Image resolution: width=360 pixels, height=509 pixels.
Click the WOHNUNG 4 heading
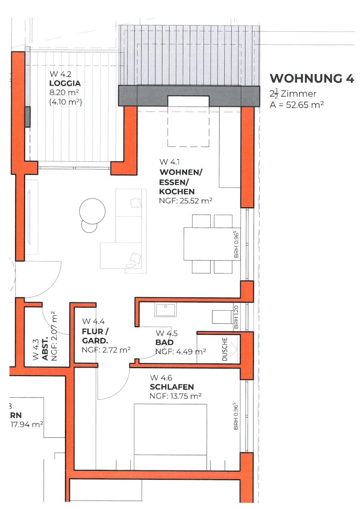(x=312, y=79)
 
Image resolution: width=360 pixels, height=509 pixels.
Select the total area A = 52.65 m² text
(x=296, y=105)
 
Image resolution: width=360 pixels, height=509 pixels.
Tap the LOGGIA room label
(x=65, y=83)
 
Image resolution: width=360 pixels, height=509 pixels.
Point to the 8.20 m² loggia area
(x=64, y=92)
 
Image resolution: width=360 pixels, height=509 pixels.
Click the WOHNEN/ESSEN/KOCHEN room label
(x=180, y=182)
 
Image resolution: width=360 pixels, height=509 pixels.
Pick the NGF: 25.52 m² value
(x=186, y=201)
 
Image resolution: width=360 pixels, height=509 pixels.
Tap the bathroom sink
(x=165, y=310)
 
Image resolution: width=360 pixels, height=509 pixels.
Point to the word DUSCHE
(x=225, y=349)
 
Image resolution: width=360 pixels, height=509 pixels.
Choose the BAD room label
(x=164, y=342)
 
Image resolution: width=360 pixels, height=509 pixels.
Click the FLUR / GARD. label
(x=95, y=336)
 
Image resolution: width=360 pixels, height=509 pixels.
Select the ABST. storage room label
(x=45, y=349)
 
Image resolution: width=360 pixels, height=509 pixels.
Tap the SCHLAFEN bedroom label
(x=172, y=387)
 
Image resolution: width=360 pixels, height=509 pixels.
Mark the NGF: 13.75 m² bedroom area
(x=176, y=396)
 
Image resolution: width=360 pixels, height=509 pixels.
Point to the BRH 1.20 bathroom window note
(x=236, y=317)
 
